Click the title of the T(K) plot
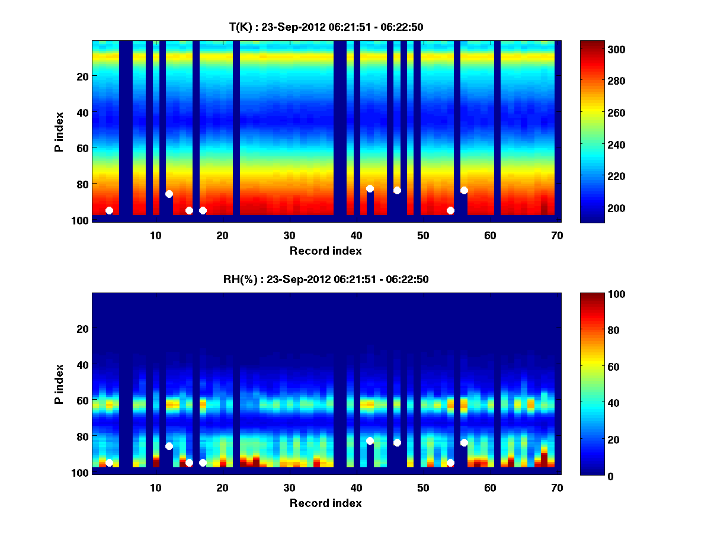tap(326, 27)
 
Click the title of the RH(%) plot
tap(326, 280)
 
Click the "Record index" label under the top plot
tap(325, 251)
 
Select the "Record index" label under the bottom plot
tap(325, 503)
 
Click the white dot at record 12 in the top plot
tap(169, 194)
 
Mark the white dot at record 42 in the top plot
tap(370, 188)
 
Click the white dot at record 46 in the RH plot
tap(397, 442)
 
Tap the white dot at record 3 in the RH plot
tap(109, 463)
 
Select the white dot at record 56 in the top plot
tap(464, 190)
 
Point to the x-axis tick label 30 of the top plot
tap(289, 235)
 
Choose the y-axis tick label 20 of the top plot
tap(82, 76)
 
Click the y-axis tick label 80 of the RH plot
tap(82, 436)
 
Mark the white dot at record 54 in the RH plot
tap(450, 463)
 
